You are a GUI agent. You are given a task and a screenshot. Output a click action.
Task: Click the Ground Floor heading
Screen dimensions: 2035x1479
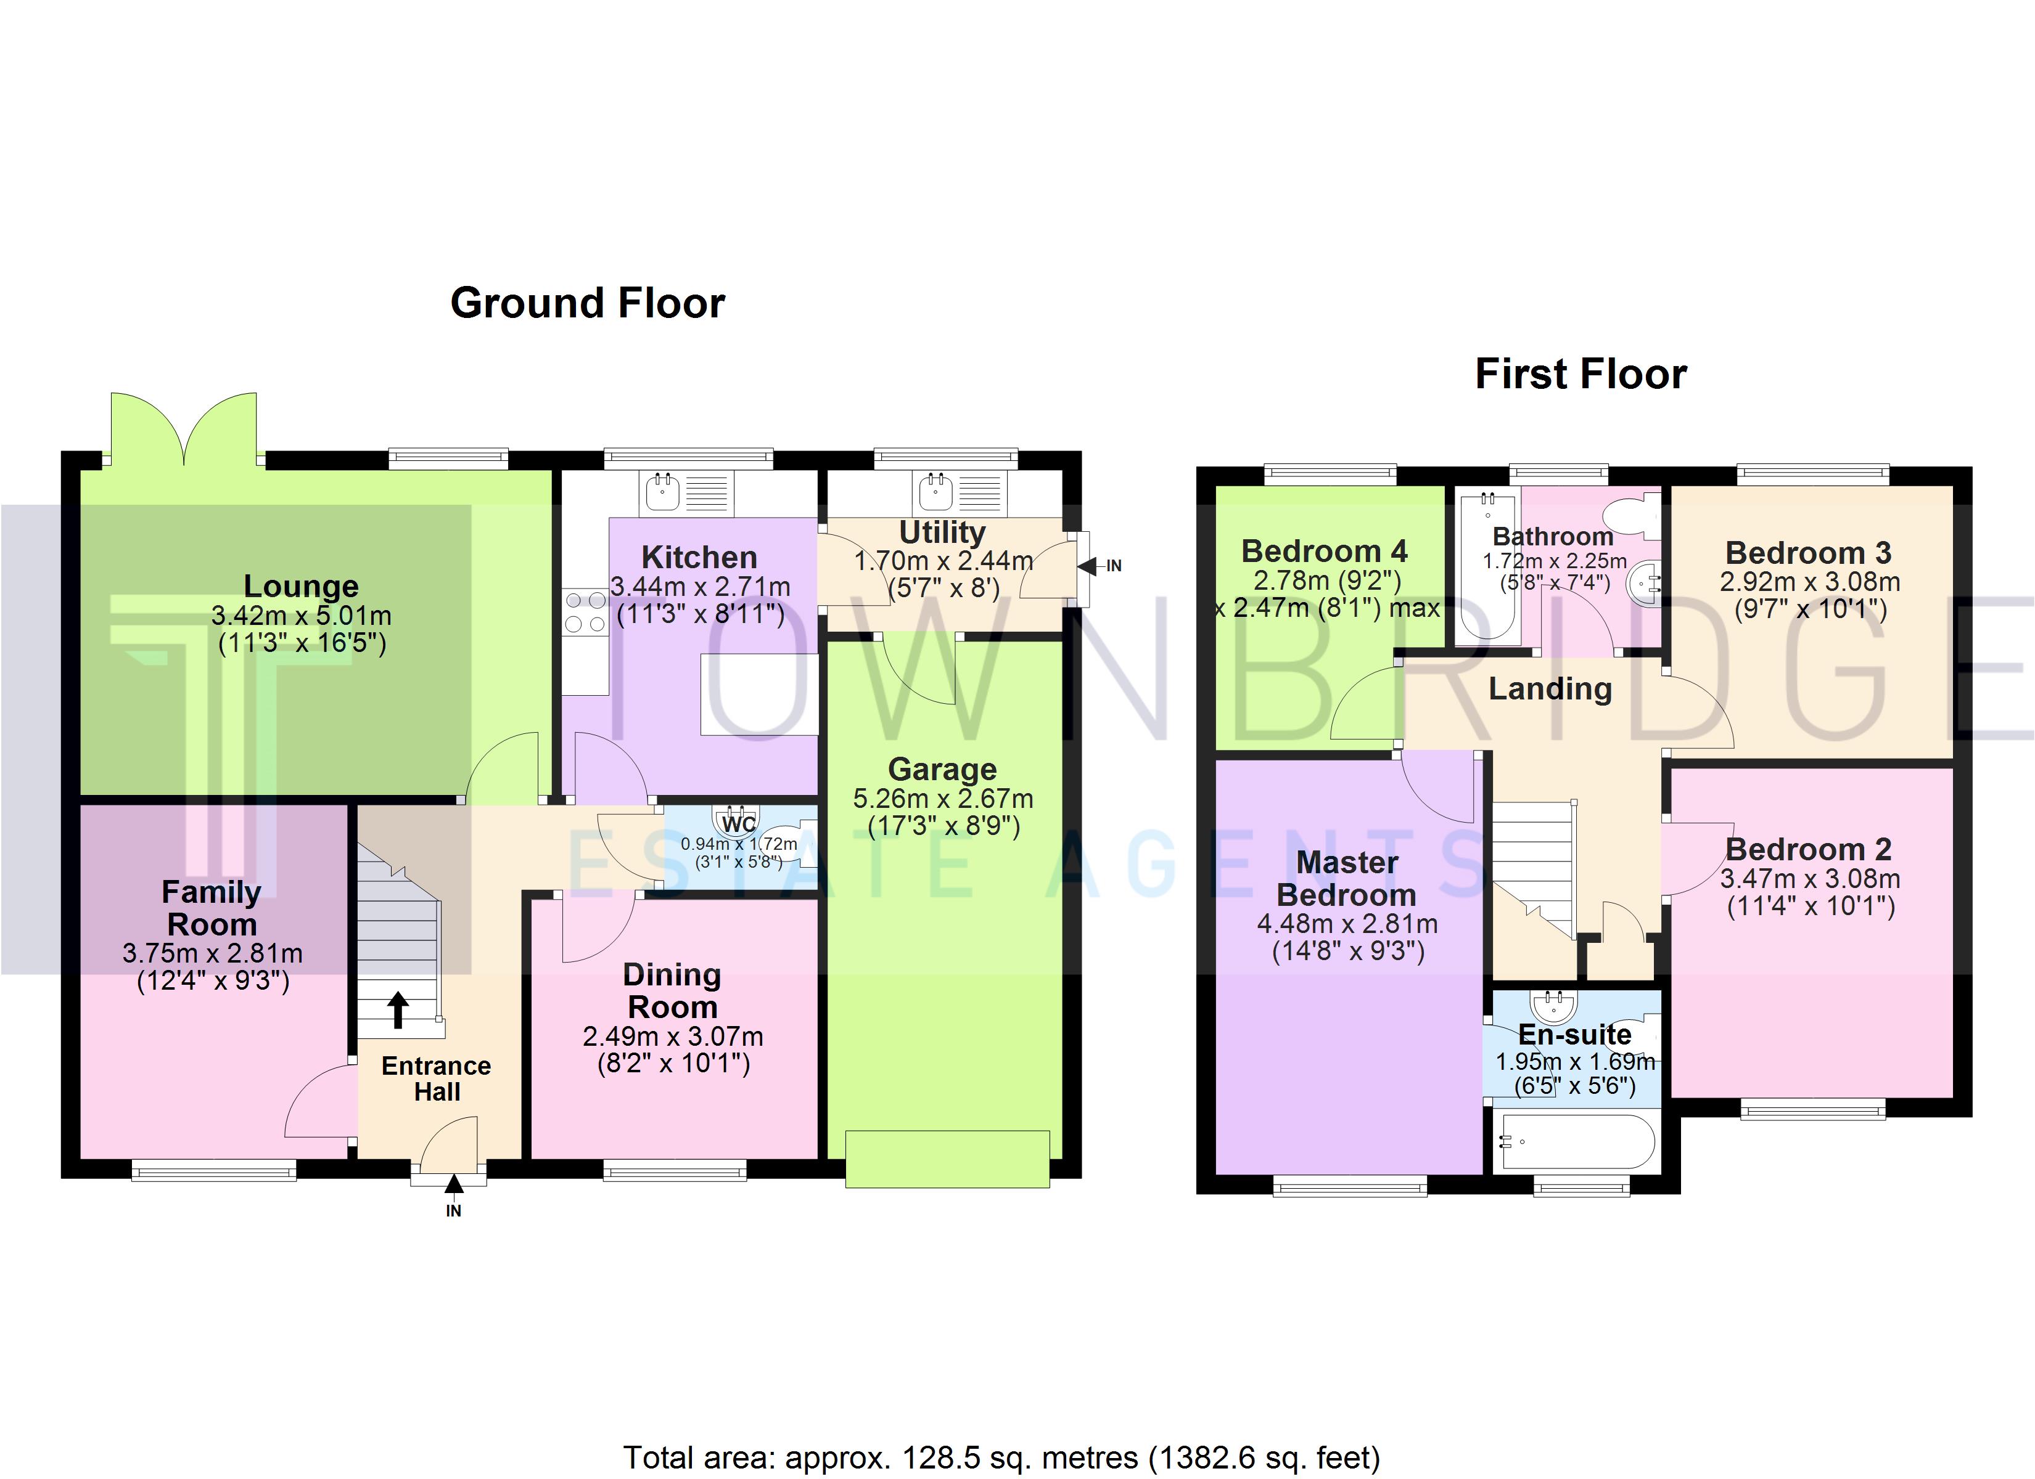point(588,303)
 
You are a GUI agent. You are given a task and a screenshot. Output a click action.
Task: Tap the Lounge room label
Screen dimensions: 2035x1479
point(302,585)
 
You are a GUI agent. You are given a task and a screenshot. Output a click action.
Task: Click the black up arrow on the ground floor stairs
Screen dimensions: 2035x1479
point(398,1009)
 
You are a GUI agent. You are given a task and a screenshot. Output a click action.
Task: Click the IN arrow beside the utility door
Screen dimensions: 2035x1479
point(1087,566)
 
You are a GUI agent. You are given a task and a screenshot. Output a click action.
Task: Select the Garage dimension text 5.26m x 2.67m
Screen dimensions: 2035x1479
point(943,798)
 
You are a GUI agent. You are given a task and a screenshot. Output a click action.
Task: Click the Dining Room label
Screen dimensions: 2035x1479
point(673,990)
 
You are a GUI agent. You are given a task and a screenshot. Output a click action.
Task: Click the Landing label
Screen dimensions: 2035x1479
point(1550,689)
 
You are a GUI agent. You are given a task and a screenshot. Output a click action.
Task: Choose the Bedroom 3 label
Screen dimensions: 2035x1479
point(1808,553)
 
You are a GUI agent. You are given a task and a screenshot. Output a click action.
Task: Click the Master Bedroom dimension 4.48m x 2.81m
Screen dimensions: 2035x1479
point(1347,924)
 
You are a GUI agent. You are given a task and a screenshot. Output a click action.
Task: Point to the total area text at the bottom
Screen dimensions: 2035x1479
point(1001,1457)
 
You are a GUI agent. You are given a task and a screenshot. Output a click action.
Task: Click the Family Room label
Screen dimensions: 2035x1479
point(212,908)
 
